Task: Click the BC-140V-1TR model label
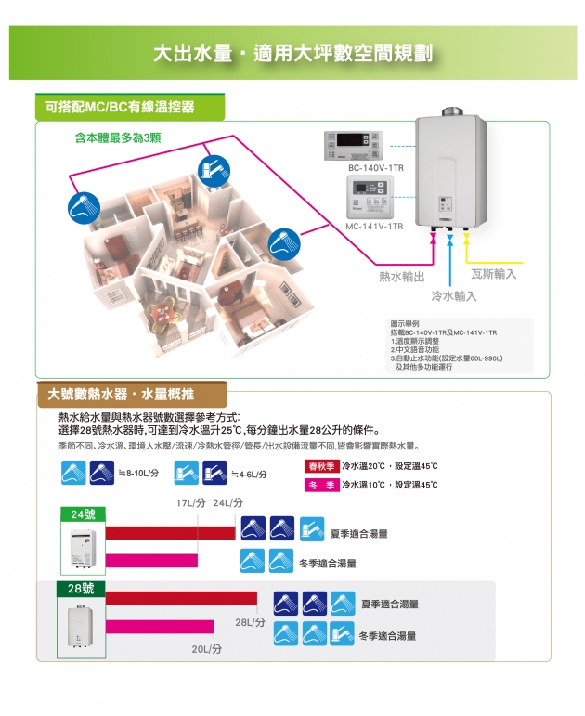coord(375,168)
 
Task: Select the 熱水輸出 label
coord(401,277)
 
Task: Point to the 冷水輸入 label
coord(454,295)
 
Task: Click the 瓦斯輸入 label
coord(493,274)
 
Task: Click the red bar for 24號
coord(170,532)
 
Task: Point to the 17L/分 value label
coord(189,502)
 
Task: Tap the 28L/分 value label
coord(250,621)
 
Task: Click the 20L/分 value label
coord(206,648)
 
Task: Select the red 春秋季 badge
coord(321,466)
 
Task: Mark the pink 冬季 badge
coord(321,486)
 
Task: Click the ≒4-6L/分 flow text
coord(248,474)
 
